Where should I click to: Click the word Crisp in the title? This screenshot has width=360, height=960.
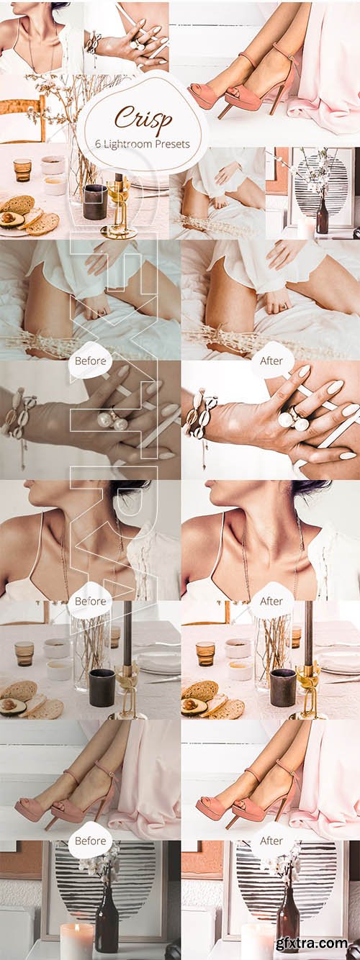(143, 118)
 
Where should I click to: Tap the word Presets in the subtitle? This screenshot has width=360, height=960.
(175, 144)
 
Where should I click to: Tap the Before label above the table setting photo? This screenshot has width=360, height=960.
(90, 602)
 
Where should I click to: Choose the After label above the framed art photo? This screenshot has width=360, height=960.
(271, 841)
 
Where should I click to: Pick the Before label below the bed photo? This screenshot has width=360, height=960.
(90, 361)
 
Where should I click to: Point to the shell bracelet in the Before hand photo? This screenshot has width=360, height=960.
(19, 414)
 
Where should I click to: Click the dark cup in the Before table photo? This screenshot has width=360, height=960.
(102, 687)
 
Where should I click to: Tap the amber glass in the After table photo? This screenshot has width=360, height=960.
(206, 654)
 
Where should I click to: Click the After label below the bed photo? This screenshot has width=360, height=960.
(271, 361)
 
